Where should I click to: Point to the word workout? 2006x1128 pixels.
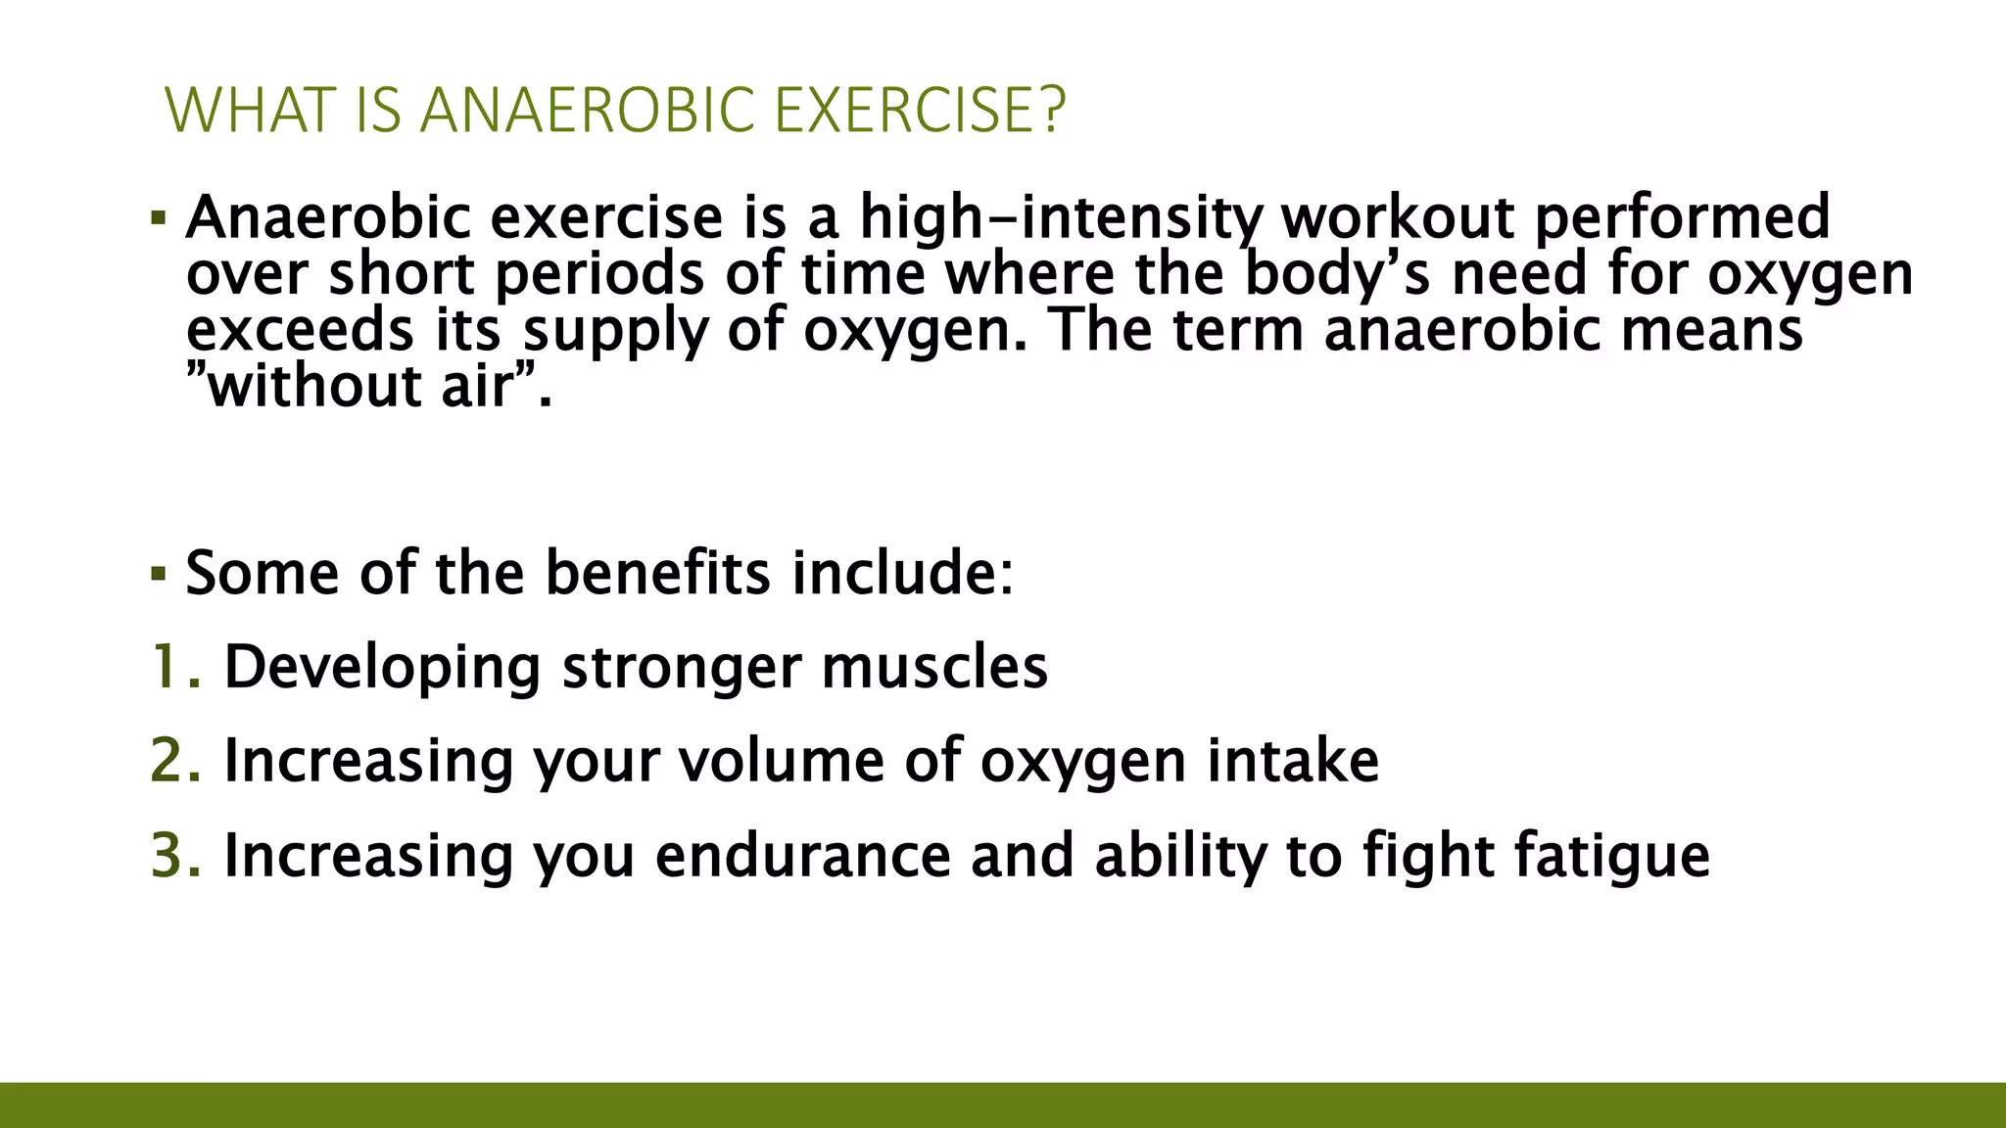(x=1398, y=217)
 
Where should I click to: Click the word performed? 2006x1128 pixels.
(x=1681, y=217)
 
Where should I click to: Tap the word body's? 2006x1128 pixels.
(x=1337, y=274)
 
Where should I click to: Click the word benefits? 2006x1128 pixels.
(x=657, y=573)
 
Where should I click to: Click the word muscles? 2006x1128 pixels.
(x=934, y=668)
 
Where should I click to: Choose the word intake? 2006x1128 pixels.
(x=1292, y=762)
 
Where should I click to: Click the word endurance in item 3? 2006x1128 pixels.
(x=802, y=856)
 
